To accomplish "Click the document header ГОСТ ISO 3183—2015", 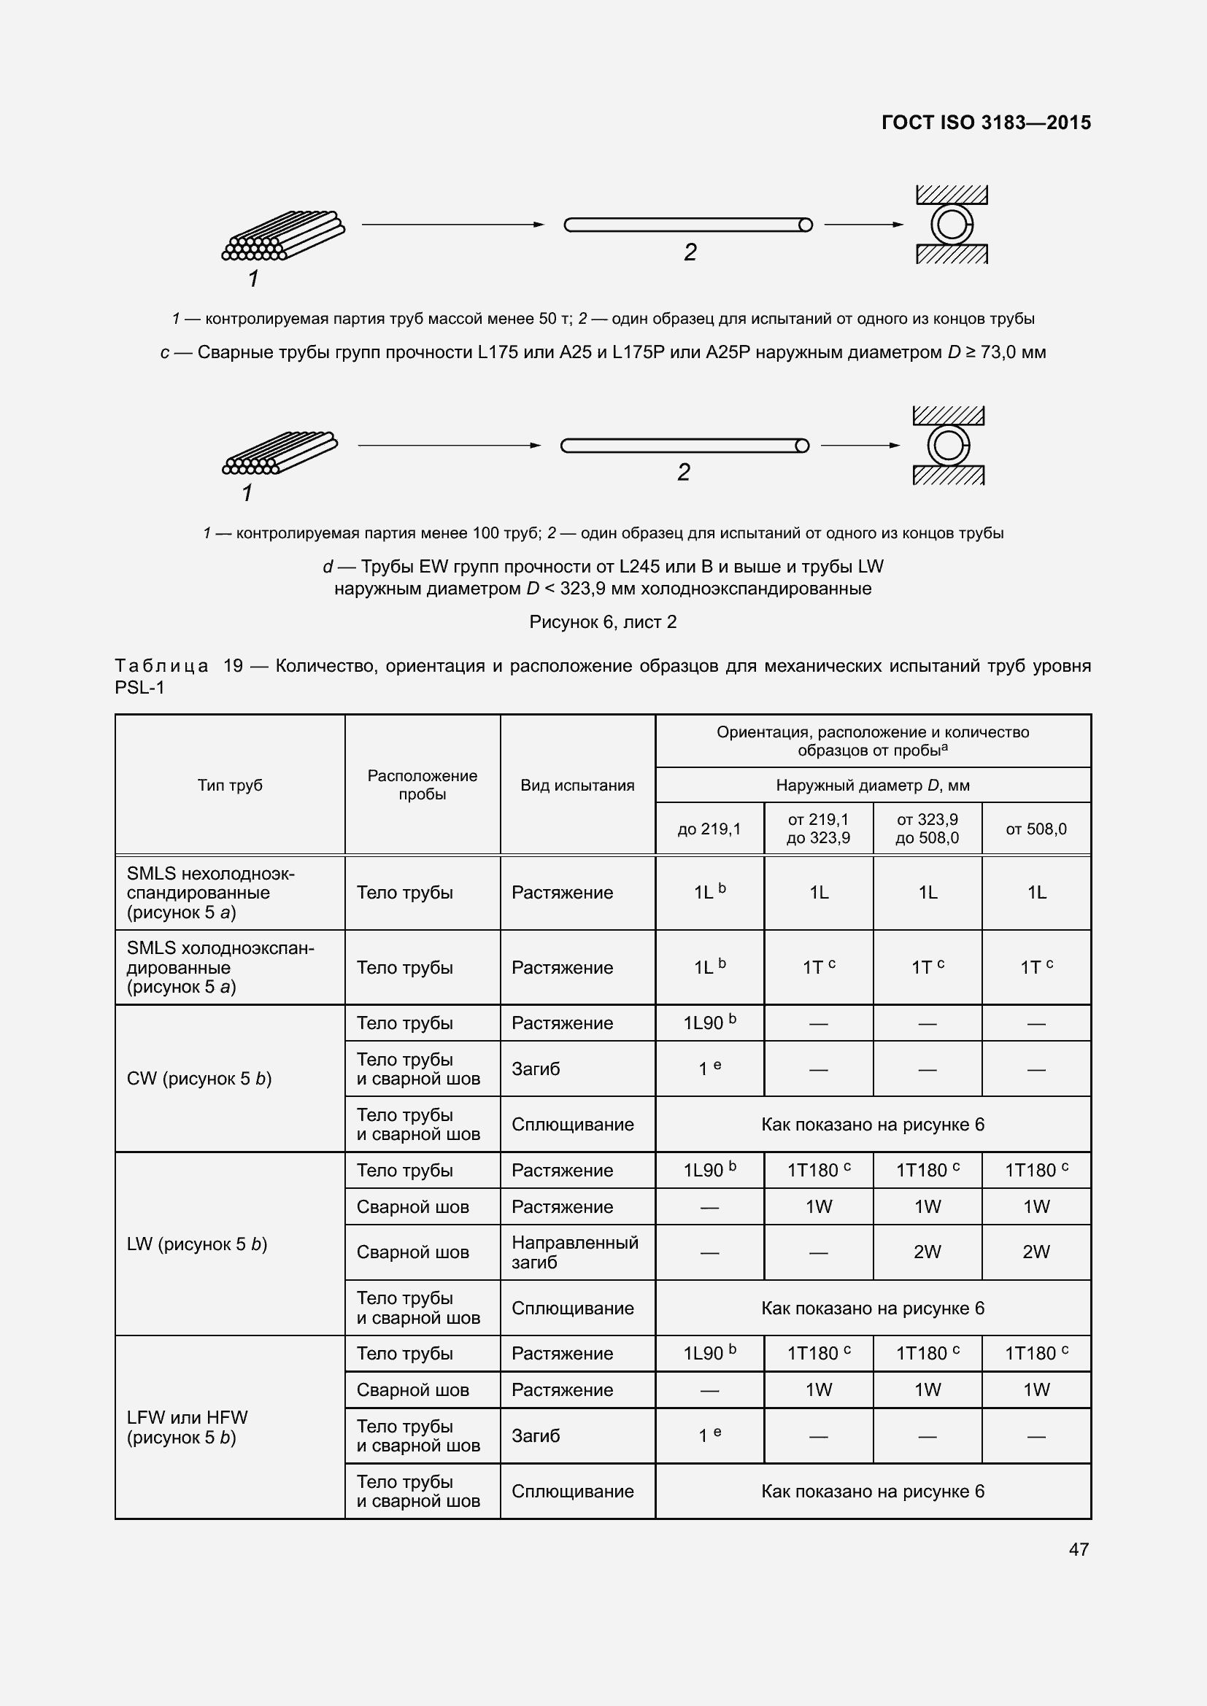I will click(x=985, y=123).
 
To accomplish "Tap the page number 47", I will click(x=1079, y=1549).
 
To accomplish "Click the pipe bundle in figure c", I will click(x=283, y=236).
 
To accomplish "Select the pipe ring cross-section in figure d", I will click(x=948, y=446).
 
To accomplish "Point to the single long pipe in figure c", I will click(x=687, y=225).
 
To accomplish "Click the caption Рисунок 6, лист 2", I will click(x=603, y=622).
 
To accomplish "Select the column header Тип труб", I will click(x=230, y=786).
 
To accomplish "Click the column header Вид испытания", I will click(x=577, y=786).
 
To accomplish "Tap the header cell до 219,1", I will click(x=709, y=829).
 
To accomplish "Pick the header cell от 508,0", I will click(x=1036, y=829).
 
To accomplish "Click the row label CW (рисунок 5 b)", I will click(x=199, y=1079).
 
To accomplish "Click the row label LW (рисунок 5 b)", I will click(x=197, y=1244).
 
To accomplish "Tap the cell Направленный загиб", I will click(x=574, y=1252).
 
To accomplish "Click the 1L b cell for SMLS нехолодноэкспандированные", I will click(x=709, y=892).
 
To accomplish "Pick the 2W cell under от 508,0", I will click(x=1036, y=1252).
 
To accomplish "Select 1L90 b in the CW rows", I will click(x=709, y=1023).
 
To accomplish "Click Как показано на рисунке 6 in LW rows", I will click(x=873, y=1308).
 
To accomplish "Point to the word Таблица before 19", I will click(x=161, y=666).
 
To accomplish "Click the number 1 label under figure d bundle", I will click(x=247, y=492).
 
